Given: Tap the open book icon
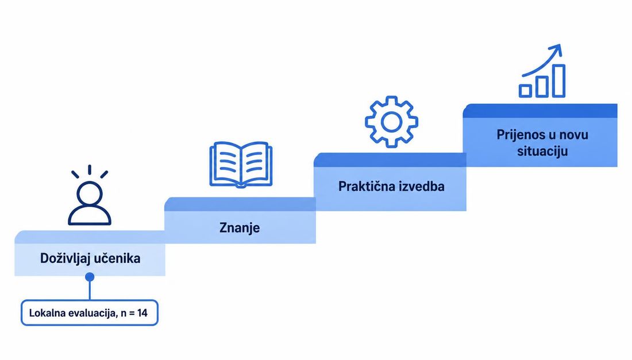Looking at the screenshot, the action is (x=241, y=164).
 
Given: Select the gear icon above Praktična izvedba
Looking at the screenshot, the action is (x=391, y=122).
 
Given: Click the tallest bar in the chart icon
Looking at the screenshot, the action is (x=558, y=81).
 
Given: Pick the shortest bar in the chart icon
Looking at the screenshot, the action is (x=525, y=91).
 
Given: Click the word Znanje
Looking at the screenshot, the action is (x=240, y=228).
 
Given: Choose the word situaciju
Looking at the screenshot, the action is (x=542, y=152).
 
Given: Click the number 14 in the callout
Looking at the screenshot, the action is (x=142, y=313).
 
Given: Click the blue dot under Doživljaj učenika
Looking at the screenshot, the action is (x=90, y=277).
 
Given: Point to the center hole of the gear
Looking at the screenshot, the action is (x=391, y=122).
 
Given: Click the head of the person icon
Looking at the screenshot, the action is (x=90, y=193).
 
